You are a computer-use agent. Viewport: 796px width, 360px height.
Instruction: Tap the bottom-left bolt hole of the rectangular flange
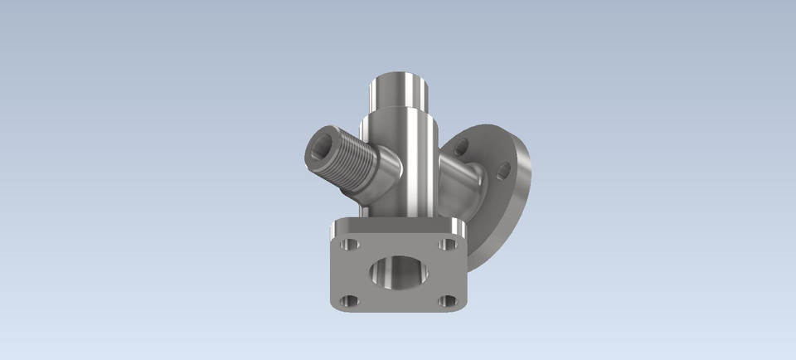pyautogui.click(x=349, y=300)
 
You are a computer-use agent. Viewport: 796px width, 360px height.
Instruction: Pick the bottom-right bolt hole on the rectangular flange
pyautogui.click(x=447, y=300)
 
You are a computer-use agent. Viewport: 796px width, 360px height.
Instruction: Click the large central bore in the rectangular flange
pyautogui.click(x=398, y=273)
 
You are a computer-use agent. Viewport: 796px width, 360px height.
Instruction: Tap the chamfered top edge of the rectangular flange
pyautogui.click(x=398, y=226)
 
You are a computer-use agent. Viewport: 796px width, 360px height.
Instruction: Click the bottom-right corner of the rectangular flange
pyautogui.click(x=461, y=309)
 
